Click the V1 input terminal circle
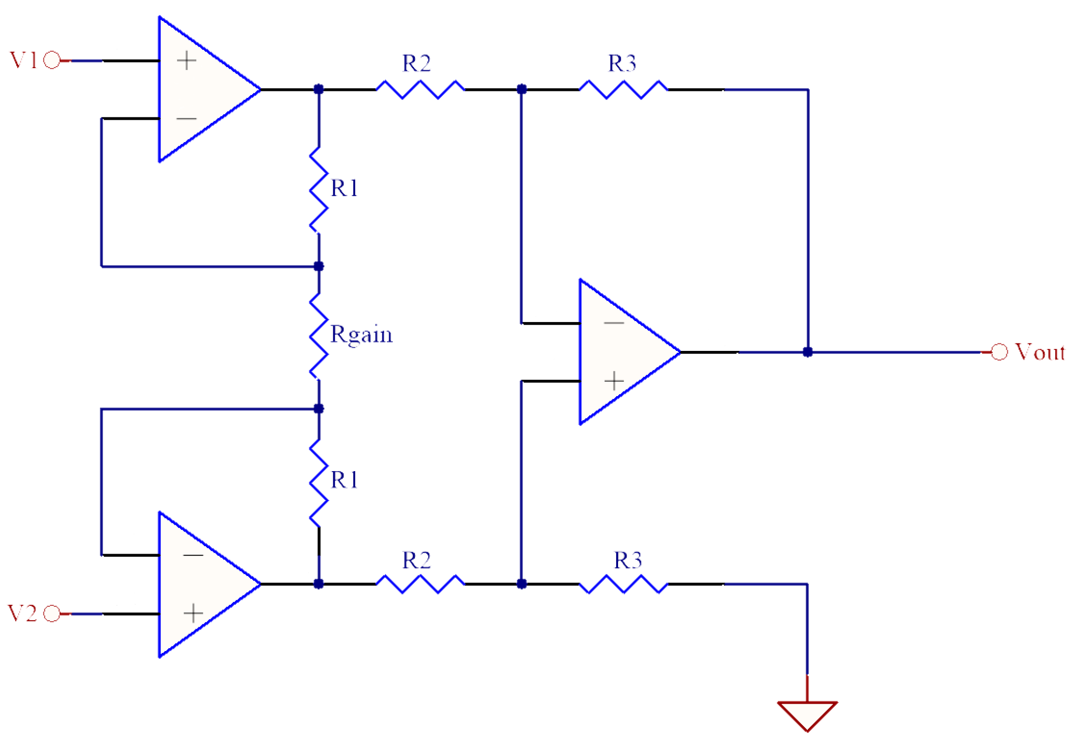52,60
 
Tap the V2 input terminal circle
52,613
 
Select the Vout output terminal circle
999,352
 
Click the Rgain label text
361,335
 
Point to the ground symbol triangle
807,715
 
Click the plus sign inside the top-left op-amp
186,61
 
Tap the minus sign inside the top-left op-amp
186,118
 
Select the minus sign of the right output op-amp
613,322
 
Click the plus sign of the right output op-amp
614,381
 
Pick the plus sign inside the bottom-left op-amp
193,613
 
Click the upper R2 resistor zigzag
420,89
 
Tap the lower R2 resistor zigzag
420,583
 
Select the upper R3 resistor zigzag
623,89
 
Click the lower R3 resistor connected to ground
623,583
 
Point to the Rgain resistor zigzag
319,336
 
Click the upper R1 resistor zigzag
319,190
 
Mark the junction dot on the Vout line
808,352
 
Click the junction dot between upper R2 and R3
522,89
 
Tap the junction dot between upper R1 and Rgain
319,266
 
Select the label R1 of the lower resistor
344,480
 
